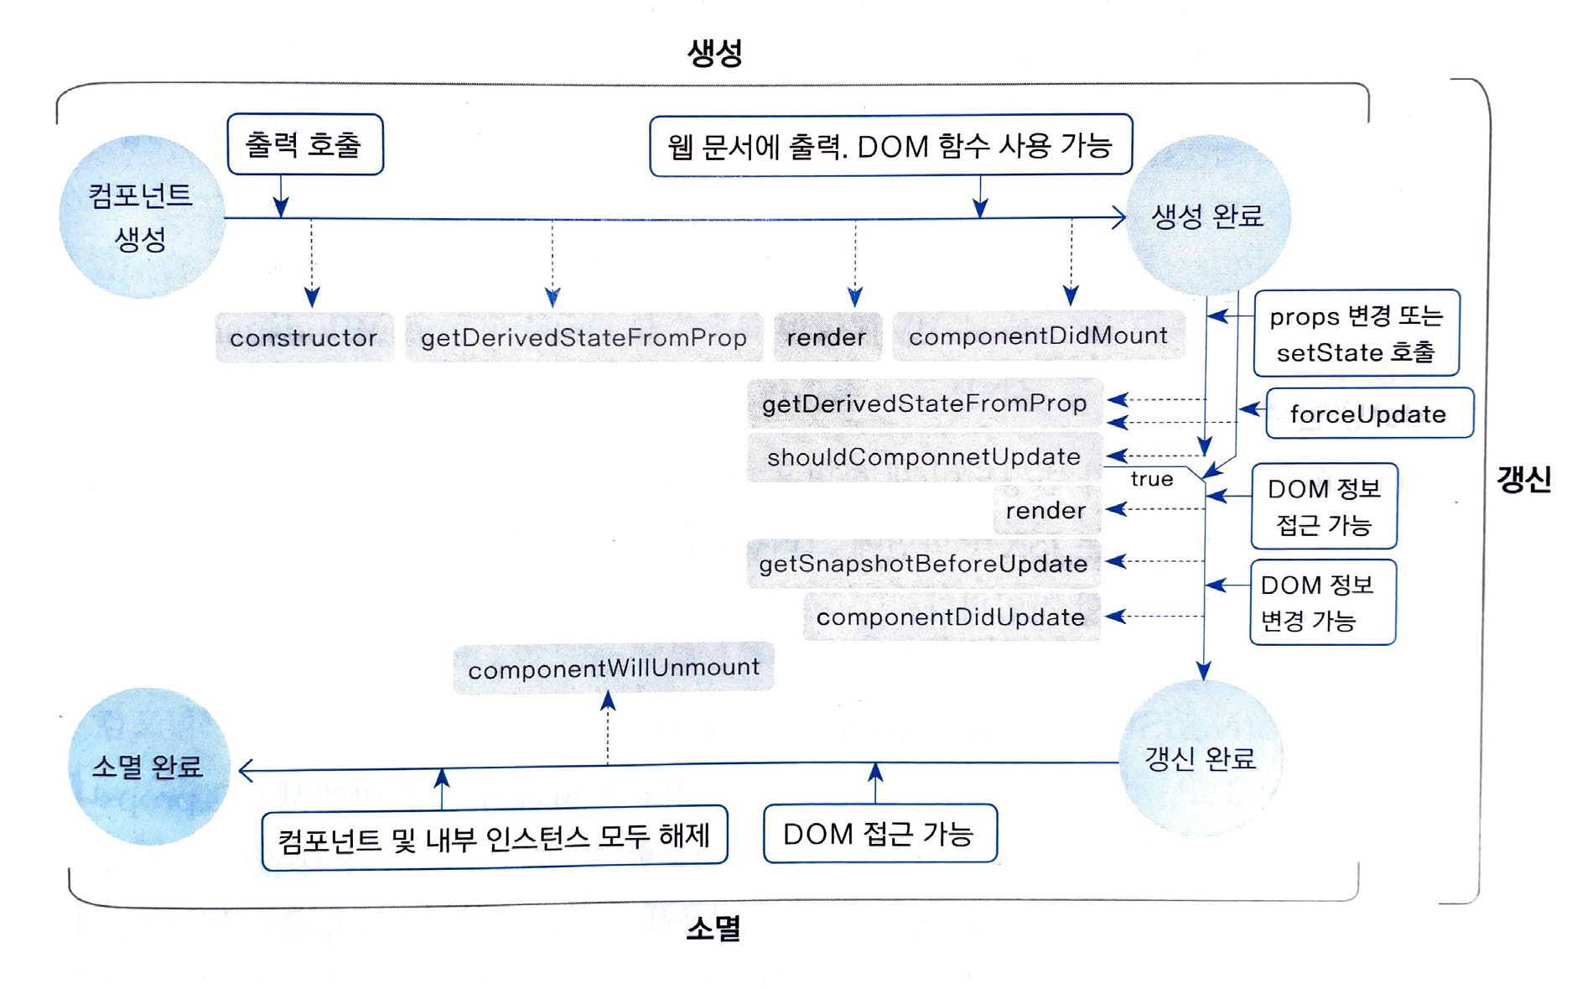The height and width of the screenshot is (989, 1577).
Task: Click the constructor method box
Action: (303, 337)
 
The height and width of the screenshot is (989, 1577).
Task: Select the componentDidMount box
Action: (1038, 336)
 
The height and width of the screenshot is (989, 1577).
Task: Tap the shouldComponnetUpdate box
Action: (924, 456)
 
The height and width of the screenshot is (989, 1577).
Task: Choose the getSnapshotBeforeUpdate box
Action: (923, 563)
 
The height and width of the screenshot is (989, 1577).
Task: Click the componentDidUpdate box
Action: (951, 617)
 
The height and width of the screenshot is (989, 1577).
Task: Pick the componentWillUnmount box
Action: (614, 668)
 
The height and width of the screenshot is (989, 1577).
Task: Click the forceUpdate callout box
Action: (1368, 413)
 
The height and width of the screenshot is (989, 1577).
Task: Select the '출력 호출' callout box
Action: (304, 144)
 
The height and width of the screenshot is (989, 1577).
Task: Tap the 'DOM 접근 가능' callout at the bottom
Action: (879, 833)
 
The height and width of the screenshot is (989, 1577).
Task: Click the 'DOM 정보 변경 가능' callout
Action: (1322, 602)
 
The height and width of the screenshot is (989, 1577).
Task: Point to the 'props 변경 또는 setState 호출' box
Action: (1356, 333)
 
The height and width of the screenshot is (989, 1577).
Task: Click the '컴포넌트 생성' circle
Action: (142, 217)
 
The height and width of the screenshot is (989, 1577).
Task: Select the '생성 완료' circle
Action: (1207, 216)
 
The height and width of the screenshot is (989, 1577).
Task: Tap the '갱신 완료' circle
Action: (1201, 758)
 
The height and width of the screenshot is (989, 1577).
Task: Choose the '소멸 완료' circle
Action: (148, 766)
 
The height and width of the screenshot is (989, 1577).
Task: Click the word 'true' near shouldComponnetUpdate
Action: (1151, 479)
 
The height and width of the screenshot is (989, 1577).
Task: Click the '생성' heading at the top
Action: (714, 53)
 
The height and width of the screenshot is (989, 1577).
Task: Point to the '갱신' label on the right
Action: (1523, 480)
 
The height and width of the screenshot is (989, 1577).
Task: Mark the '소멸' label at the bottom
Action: (713, 929)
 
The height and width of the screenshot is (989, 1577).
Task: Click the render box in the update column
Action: (1045, 510)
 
